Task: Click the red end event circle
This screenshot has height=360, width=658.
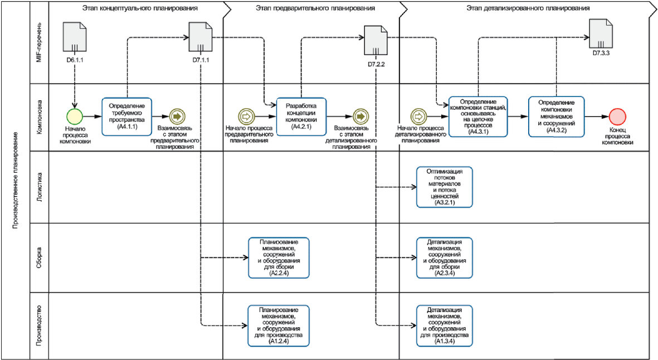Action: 617,116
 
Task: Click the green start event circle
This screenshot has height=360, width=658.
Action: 75,116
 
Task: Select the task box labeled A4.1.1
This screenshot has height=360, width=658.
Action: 126,116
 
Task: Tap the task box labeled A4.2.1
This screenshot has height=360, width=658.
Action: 301,116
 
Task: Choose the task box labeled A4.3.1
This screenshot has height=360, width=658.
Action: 478,116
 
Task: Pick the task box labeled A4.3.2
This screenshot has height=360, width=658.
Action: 557,116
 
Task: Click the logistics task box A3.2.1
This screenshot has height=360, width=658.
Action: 445,187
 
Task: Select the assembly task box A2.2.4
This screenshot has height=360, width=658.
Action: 279,257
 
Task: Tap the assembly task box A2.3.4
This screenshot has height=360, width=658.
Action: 445,257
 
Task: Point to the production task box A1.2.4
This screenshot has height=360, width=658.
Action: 279,325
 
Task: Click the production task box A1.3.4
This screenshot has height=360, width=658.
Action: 445,325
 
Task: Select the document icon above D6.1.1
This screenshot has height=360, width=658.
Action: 75,37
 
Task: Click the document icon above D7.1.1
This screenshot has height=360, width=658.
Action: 201,37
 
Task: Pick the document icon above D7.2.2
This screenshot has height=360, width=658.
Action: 376,41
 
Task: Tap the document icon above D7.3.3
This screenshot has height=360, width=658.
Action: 601,34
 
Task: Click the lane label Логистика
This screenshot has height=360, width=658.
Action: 40,187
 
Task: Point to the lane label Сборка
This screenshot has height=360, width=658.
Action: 40,257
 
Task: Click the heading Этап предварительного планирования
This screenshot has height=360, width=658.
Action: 315,8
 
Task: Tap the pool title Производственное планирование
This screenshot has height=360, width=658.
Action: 15,181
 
